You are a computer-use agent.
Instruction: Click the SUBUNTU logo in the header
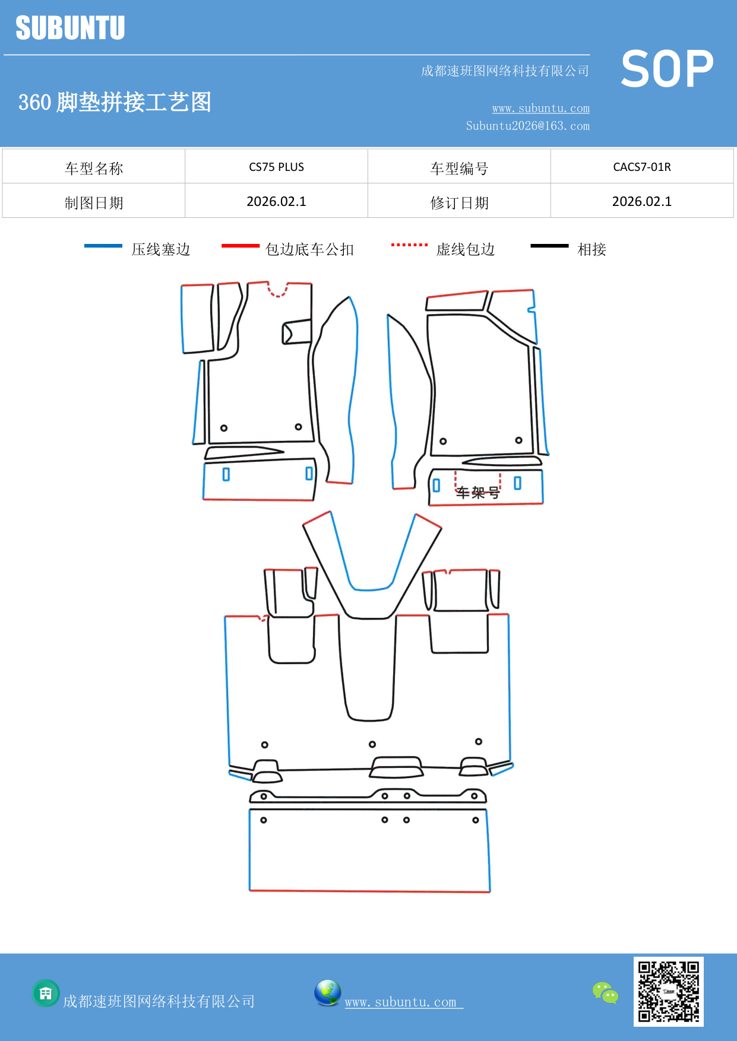(70, 28)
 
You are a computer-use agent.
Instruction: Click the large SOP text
(667, 69)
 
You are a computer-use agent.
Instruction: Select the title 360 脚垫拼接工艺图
(115, 102)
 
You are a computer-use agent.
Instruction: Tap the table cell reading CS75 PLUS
(276, 167)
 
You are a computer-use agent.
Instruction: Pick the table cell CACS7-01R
(641, 167)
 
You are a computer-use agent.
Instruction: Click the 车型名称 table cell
(94, 169)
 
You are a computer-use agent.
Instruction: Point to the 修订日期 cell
(459, 203)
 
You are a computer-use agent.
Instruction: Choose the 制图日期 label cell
(94, 203)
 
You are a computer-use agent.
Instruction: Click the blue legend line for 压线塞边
(103, 246)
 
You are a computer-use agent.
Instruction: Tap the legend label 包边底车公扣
(309, 249)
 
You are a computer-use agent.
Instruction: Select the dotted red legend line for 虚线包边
(409, 245)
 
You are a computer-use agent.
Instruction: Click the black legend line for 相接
(549, 246)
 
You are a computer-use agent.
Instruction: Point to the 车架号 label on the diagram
(477, 493)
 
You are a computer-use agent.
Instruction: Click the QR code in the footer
(668, 991)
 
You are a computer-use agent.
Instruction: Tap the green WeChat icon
(605, 992)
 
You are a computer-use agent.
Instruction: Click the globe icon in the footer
(327, 993)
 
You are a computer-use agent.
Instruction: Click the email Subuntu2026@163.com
(527, 126)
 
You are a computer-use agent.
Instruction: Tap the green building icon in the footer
(46, 993)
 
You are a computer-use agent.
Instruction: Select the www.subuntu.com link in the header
(540, 109)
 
